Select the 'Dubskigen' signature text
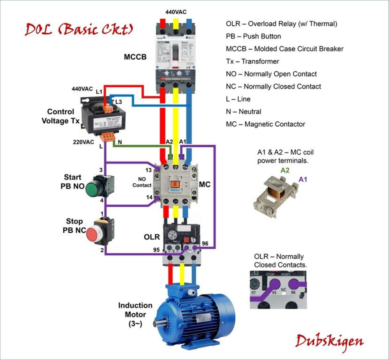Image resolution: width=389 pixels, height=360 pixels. point(329,341)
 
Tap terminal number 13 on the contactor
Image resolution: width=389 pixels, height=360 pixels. point(149,170)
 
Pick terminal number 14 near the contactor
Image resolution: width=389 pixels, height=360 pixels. point(149,197)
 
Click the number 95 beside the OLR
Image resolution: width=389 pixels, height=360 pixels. point(156,249)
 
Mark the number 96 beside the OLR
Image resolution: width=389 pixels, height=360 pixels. point(205,244)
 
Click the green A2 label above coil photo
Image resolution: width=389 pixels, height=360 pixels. point(285,170)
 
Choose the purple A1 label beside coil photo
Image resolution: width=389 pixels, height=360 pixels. point(303,179)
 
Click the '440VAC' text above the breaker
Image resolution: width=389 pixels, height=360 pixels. point(176,12)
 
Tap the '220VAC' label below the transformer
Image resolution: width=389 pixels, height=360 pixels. point(84,142)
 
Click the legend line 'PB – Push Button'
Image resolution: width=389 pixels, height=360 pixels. point(253,36)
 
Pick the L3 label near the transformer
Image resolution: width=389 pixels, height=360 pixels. point(119,102)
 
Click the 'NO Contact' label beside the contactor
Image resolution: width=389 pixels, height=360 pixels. point(142,182)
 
